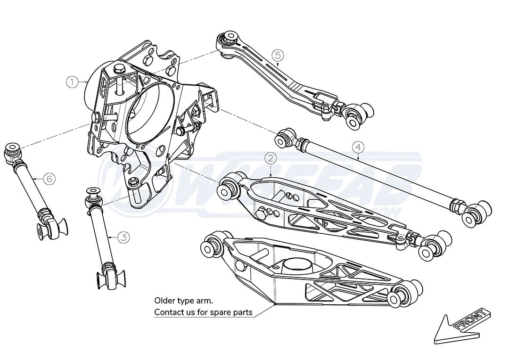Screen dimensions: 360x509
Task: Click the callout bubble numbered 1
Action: coord(72,82)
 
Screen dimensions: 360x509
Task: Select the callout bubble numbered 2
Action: coord(270,159)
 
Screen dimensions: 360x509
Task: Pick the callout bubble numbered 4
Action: coord(358,147)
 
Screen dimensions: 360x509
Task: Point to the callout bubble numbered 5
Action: coord(278,55)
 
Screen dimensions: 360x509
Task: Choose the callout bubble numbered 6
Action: coord(49,179)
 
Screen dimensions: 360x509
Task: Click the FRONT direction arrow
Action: coord(462,327)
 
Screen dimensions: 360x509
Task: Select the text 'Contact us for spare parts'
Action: coord(203,312)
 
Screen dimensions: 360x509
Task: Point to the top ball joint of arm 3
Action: coord(91,196)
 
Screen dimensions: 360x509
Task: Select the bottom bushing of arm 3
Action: coord(109,279)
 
